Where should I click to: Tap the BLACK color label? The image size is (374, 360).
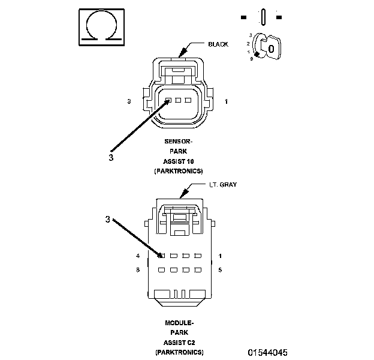pyautogui.click(x=218, y=44)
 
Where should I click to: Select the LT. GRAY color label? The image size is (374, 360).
pyautogui.click(x=222, y=185)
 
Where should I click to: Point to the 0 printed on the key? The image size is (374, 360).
pyautogui.click(x=271, y=47)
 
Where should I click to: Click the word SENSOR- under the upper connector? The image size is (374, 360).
pyautogui.click(x=179, y=142)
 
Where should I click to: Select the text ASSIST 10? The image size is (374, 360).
pyautogui.click(x=179, y=162)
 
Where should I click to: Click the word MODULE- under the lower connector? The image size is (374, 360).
pyautogui.click(x=179, y=323)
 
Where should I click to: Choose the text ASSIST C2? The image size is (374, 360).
pyautogui.click(x=179, y=342)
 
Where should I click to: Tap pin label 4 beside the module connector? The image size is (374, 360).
pyautogui.click(x=138, y=256)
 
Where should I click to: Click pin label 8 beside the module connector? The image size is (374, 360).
pyautogui.click(x=138, y=270)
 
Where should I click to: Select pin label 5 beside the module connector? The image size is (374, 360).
pyautogui.click(x=221, y=270)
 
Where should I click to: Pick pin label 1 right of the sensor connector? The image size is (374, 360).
pyautogui.click(x=226, y=102)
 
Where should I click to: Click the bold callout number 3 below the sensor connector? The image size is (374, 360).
pyautogui.click(x=111, y=158)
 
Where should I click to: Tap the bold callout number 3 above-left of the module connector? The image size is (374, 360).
pyautogui.click(x=108, y=220)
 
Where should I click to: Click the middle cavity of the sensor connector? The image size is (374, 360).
pyautogui.click(x=179, y=100)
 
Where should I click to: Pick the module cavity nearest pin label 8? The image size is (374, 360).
pyautogui.click(x=161, y=270)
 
